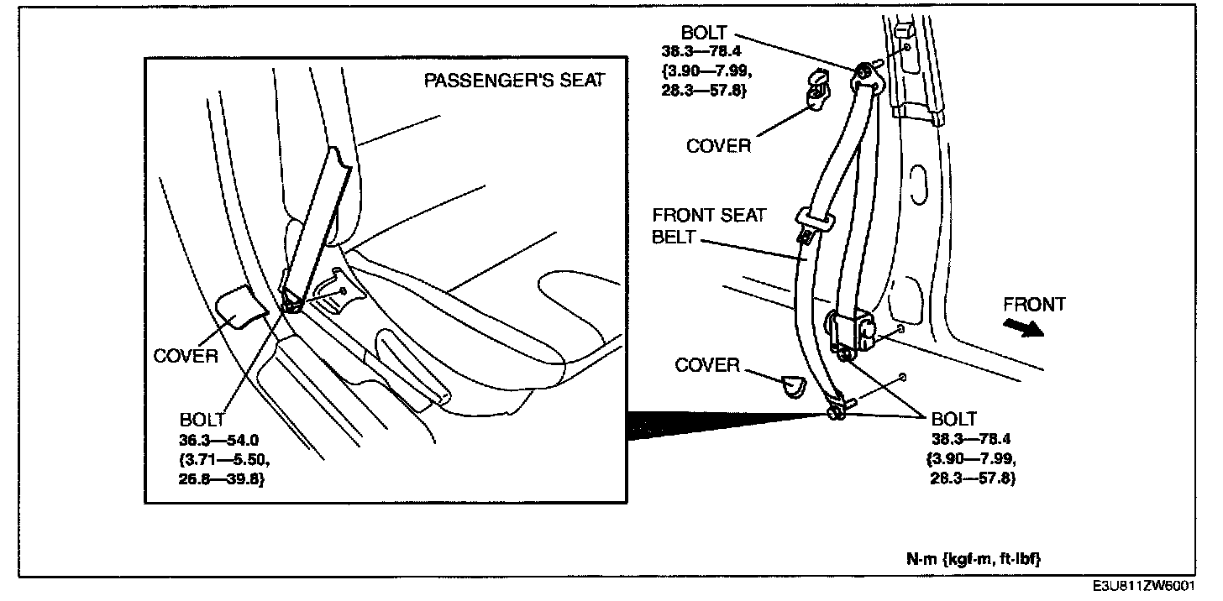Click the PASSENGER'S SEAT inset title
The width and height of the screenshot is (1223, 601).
pos(513,81)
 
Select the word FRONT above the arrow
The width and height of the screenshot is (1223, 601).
pos(1034,304)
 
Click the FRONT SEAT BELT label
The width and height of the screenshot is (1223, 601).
pos(709,226)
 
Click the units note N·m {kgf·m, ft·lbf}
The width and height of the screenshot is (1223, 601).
pos(973,557)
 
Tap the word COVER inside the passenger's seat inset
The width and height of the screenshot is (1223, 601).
pos(186,356)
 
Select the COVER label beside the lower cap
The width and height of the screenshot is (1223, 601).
pos(707,365)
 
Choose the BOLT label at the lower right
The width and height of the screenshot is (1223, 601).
pos(955,419)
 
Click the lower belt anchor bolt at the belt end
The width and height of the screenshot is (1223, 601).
pos(835,412)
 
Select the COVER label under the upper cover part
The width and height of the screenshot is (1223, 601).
pos(718,145)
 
